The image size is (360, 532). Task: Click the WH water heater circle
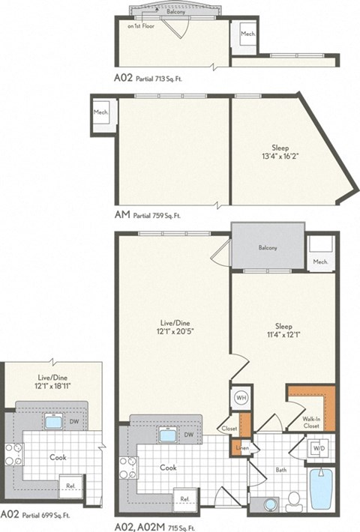coord(241,398)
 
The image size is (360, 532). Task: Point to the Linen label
coord(242,447)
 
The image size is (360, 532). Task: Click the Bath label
coord(280,470)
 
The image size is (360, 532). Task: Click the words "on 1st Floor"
coord(141,26)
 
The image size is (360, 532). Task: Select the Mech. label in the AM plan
coord(100,112)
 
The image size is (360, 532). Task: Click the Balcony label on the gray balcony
coord(268,248)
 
